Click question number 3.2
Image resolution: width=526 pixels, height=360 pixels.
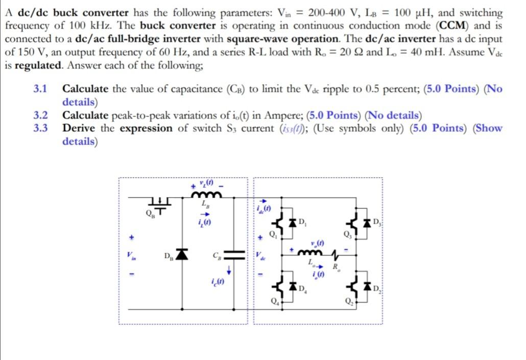(x=40, y=115)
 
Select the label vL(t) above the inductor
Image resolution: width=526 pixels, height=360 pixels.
(x=206, y=182)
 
